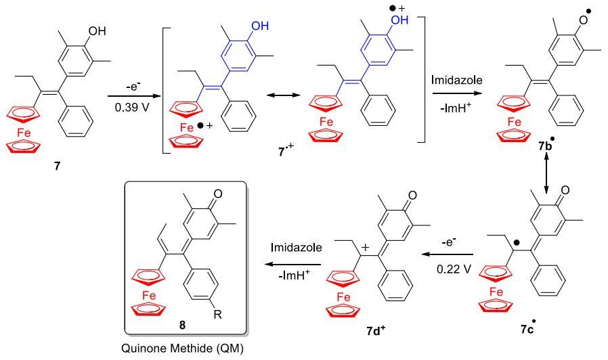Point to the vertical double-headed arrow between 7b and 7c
546,182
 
